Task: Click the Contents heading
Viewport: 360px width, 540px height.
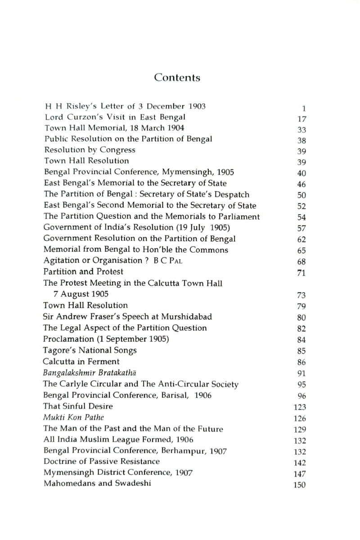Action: pyautogui.click(x=177, y=77)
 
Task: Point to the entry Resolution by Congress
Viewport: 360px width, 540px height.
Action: pyautogui.click(x=89, y=150)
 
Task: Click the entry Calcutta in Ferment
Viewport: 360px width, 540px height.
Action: pyautogui.click(x=81, y=361)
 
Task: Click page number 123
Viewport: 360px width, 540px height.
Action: pyautogui.click(x=299, y=407)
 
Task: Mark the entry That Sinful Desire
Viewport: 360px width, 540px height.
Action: pyautogui.click(x=78, y=406)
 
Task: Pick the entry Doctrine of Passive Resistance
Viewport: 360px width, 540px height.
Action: pyautogui.click(x=101, y=461)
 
